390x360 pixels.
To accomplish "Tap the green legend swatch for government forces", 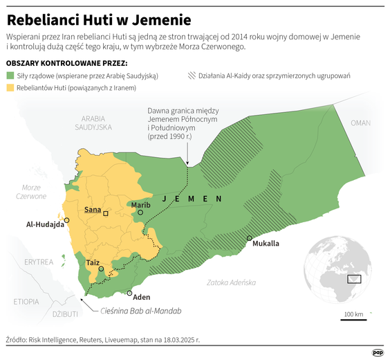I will [x=10, y=75].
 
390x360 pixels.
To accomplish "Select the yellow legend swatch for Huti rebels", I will [x=10, y=88].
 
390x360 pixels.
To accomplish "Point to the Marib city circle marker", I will [x=140, y=213].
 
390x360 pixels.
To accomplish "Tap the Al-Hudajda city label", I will [x=45, y=224].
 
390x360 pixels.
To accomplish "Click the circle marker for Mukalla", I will [x=249, y=239].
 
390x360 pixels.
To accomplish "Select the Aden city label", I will [x=142, y=296].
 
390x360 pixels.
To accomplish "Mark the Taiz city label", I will [x=93, y=262].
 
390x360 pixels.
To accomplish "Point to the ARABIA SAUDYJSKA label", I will [x=93, y=123].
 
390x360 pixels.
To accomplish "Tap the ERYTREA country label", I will [x=38, y=262].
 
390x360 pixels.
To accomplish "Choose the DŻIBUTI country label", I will [x=45, y=315].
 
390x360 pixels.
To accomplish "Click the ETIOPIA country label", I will [x=26, y=302].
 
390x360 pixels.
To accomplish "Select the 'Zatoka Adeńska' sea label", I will [x=232, y=282].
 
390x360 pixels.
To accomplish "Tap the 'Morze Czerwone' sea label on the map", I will [x=31, y=192].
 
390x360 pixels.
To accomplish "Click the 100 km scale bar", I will [x=354, y=319].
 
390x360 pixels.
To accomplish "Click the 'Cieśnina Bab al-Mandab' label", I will [x=141, y=311].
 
